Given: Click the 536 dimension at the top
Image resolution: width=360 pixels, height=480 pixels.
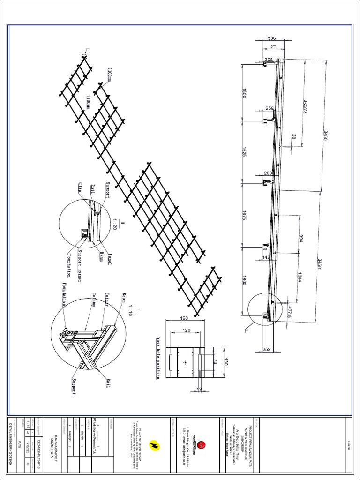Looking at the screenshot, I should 272,38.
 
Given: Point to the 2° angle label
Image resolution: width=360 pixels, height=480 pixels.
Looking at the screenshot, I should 273,46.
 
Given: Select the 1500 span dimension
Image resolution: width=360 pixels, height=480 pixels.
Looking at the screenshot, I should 244,93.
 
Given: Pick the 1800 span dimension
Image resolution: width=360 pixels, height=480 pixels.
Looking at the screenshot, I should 244,281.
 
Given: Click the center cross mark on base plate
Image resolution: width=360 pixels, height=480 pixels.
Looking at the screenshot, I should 186,362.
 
